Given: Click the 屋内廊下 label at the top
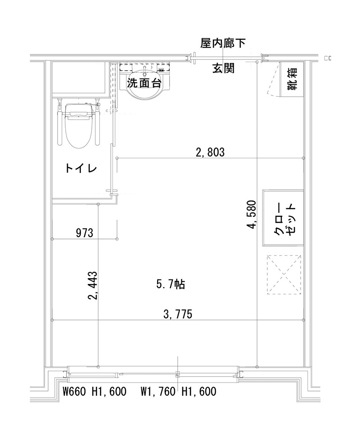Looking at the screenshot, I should pyautogui.click(x=223, y=43).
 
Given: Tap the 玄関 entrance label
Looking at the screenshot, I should pyautogui.click(x=223, y=69).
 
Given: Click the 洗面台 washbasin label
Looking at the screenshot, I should pyautogui.click(x=144, y=83).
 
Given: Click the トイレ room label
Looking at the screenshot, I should pyautogui.click(x=81, y=169).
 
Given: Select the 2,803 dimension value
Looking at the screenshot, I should pyautogui.click(x=210, y=152).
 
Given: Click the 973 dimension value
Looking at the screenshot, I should pyautogui.click(x=84, y=233).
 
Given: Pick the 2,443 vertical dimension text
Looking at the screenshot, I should pyautogui.click(x=93, y=285).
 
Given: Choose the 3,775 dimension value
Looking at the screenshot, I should pyautogui.click(x=178, y=314).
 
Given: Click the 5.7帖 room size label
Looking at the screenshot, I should pyautogui.click(x=171, y=284).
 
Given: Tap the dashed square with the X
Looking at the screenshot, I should pyautogui.click(x=283, y=274).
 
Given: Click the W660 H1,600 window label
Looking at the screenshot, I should pyautogui.click(x=94, y=391).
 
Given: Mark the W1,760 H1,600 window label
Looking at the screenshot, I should pyautogui.click(x=178, y=391).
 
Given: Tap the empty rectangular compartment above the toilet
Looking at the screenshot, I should pyautogui.click(x=81, y=79).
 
